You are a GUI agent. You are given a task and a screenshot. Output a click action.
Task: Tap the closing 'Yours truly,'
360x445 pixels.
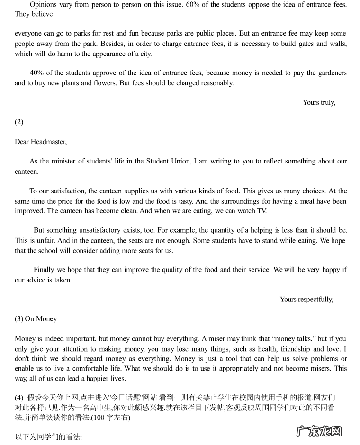319,102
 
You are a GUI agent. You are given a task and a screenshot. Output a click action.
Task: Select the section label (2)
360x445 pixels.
19,122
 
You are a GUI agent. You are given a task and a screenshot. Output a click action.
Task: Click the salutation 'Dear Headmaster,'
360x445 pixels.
41,142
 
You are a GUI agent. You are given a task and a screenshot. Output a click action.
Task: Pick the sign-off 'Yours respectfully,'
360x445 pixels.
306,299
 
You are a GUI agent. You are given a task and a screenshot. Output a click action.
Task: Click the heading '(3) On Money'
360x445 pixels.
36,319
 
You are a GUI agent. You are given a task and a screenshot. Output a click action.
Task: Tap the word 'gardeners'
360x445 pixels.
332,73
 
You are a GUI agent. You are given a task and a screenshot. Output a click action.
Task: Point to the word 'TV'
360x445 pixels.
261,211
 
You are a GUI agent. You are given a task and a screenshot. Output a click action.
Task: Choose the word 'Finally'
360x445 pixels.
44,270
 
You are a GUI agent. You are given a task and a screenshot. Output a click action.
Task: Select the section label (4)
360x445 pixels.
19,397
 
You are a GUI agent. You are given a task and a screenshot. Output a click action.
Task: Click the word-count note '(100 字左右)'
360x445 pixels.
110,418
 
